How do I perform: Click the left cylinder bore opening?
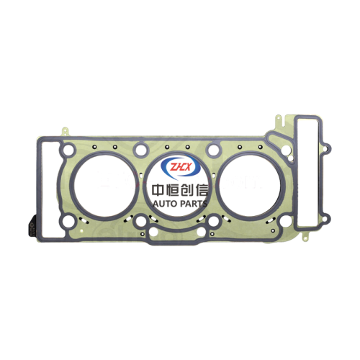[x=106, y=186]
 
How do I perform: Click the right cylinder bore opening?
[x=250, y=186]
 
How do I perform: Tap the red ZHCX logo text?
[x=180, y=167]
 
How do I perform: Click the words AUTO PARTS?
[x=180, y=204]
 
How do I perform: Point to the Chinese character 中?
[x=158, y=190]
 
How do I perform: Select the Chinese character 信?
[x=202, y=190]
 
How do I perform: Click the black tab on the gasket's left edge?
[x=32, y=225]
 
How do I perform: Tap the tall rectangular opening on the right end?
[x=308, y=172]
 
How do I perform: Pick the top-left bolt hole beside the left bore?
[x=68, y=149]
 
